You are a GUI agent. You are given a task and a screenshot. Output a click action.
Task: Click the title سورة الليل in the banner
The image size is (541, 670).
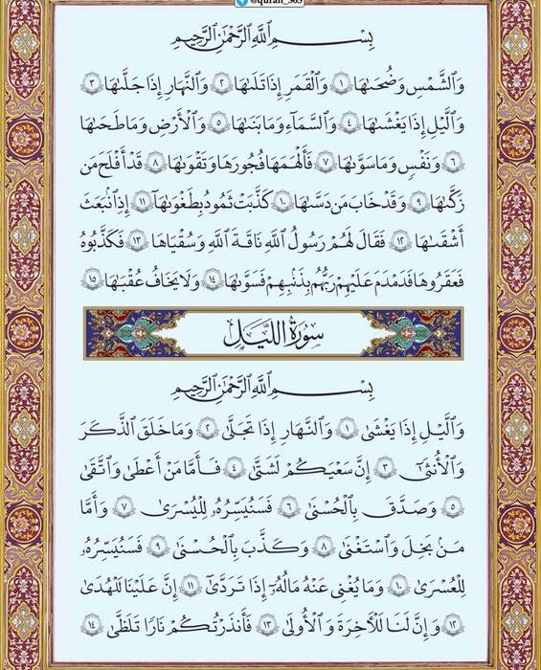[272, 334]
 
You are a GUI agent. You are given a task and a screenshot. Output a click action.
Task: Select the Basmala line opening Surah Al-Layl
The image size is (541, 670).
[272, 391]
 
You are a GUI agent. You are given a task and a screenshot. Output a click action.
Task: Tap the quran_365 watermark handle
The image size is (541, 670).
[271, 4]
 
